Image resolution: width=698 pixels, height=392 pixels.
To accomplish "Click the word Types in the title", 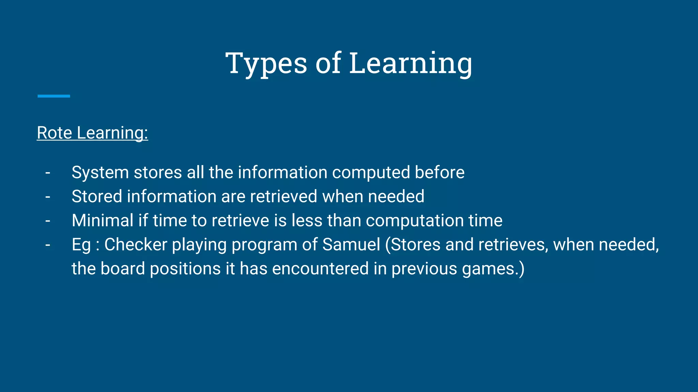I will coord(266,63).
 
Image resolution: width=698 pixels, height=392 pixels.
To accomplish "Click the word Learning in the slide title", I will coord(411,63).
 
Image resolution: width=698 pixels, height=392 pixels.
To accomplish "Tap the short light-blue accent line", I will coord(54,96).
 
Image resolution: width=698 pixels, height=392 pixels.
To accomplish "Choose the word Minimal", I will coord(103,220).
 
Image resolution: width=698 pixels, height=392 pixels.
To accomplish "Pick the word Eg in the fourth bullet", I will coord(81,245).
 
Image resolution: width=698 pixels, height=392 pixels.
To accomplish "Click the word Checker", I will coord(136,245).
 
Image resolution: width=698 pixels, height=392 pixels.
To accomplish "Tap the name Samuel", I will coord(351,245).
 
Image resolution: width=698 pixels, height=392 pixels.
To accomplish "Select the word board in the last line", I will coord(123,268).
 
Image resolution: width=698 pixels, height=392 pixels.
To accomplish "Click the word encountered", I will coord(320,268).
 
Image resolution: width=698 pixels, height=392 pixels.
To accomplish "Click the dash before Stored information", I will coord(48,197).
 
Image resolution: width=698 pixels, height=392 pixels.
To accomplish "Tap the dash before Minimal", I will coord(48,221).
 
